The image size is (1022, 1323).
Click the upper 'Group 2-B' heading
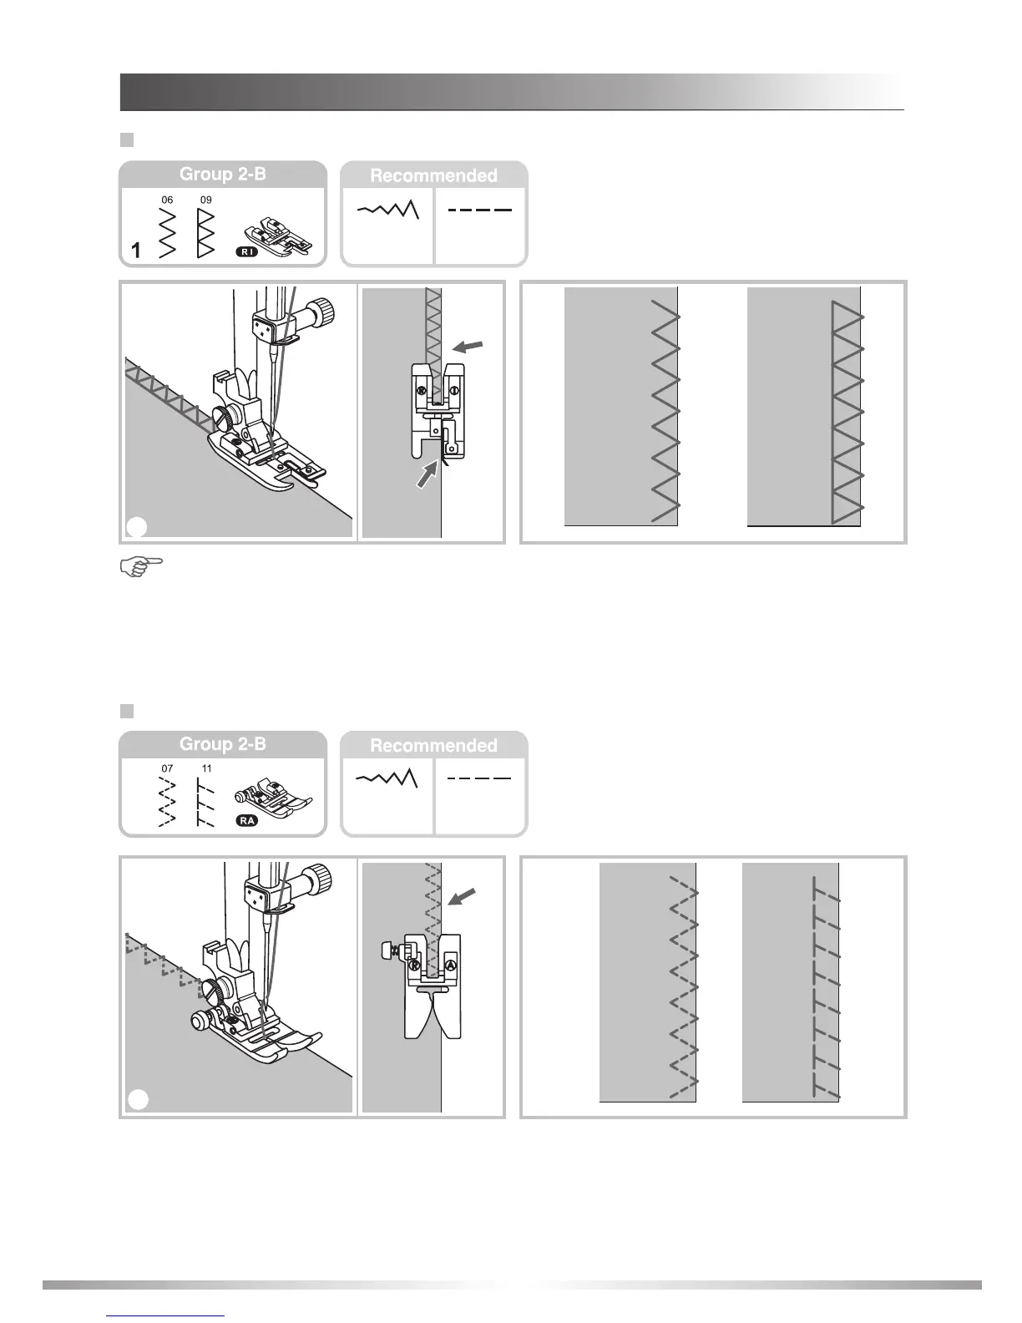coord(222,175)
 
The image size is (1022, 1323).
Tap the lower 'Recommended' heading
coord(433,745)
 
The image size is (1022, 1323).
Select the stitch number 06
coord(167,200)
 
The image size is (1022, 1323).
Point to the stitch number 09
coord(205,200)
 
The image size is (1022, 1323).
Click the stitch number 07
coord(167,768)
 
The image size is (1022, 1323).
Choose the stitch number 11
coord(206,768)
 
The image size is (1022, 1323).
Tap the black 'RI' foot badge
coord(246,251)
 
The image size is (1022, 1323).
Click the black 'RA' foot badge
coord(247,820)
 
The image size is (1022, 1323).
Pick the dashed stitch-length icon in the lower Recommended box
coord(479,779)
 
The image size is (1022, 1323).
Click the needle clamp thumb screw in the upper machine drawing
coord(321,315)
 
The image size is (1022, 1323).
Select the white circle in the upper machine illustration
coord(138,526)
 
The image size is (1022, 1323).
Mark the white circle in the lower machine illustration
coord(138,1101)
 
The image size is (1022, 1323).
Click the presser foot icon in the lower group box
coord(271,799)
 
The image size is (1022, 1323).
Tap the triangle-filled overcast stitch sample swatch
coord(803,408)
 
